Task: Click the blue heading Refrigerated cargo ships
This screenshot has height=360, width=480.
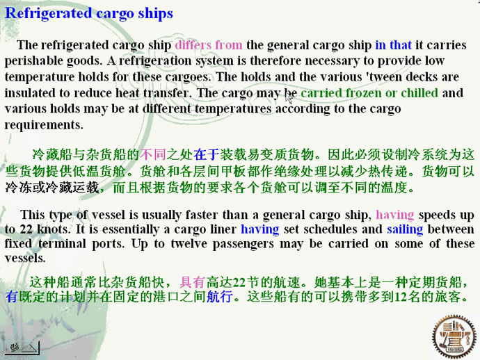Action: tap(89, 14)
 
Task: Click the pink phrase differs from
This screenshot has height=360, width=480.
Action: tap(209, 45)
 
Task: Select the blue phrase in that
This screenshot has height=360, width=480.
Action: tap(393, 45)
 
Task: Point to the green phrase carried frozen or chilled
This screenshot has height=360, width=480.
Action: tap(369, 93)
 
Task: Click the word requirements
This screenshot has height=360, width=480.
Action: tap(44, 125)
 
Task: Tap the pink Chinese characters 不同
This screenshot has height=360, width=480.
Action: tap(153, 154)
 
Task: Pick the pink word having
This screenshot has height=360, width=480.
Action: tap(395, 215)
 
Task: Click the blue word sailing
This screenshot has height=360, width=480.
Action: tap(405, 229)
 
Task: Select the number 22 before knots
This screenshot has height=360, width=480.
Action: tap(26, 229)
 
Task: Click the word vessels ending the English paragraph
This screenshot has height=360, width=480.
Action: tap(25, 259)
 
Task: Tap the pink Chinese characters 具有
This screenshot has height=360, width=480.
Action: tap(192, 282)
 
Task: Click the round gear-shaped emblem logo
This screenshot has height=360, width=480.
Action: tap(454, 337)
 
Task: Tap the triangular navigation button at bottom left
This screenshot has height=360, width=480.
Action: tap(22, 347)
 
